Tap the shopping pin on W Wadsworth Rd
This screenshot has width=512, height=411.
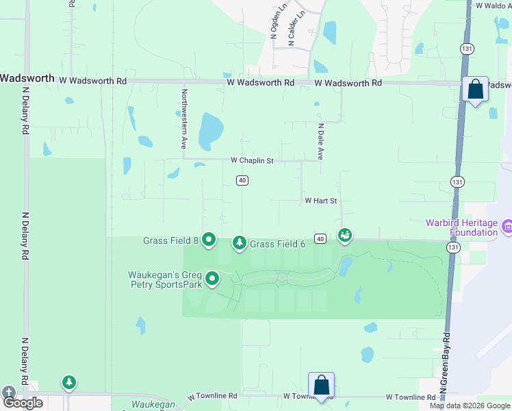coord(475,89)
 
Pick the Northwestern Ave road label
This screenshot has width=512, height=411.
coord(183,119)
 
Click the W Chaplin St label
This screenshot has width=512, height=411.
coord(252,160)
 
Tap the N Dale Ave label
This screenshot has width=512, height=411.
coord(320,142)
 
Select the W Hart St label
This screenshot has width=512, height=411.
coord(322,201)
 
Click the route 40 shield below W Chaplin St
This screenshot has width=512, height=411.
coord(242,180)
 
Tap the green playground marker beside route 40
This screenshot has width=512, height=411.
coord(345,235)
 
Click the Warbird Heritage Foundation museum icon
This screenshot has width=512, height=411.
coord(507,225)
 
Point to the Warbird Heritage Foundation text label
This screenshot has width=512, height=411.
coord(461,227)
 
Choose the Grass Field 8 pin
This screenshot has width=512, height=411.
coord(209,240)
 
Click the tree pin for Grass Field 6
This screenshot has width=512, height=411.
coord(239,242)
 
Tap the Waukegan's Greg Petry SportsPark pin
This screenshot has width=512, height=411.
coord(212,278)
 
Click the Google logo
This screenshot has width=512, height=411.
coord(23,403)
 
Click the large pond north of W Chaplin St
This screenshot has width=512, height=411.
coord(210,129)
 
